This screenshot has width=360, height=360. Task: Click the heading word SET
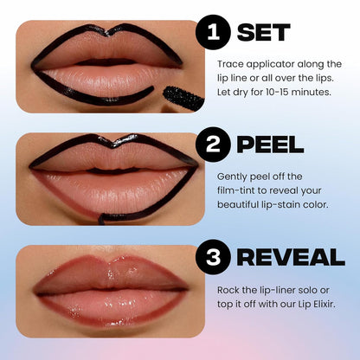pyautogui.click(x=264, y=33)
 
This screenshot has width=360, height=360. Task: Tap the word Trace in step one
pyautogui.click(x=230, y=64)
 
